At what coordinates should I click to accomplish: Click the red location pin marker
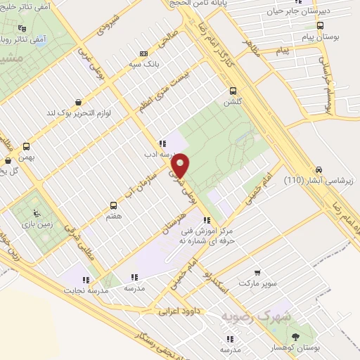[181, 166]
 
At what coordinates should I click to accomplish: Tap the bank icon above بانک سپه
[144, 53]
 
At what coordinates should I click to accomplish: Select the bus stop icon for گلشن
[232, 90]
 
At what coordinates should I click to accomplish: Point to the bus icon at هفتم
[113, 205]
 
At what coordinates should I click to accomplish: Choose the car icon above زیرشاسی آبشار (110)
[319, 169]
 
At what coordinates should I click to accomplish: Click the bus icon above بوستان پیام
[320, 25]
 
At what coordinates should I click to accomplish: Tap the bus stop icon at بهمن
[27, 147]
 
